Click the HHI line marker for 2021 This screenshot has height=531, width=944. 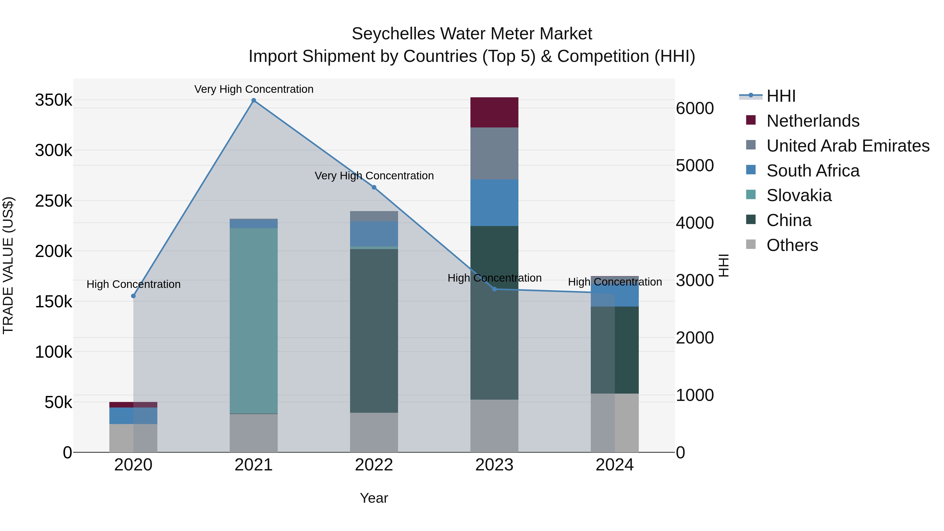[x=254, y=100]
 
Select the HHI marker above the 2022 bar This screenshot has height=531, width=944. [x=374, y=187]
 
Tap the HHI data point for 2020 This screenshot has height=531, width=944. [x=133, y=296]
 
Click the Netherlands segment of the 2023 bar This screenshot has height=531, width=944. [x=494, y=112]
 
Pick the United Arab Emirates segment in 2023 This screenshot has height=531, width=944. [x=494, y=153]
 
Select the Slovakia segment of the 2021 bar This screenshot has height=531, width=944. [x=254, y=321]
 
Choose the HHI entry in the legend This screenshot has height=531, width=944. [x=781, y=96]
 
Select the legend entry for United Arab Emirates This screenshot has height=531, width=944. [x=847, y=146]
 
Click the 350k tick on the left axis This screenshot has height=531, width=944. [x=53, y=100]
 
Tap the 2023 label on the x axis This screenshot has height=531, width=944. [x=494, y=465]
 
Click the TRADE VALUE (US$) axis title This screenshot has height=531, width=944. [x=8, y=265]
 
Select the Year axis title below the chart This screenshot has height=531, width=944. [x=374, y=498]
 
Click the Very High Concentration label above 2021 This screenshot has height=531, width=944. [x=254, y=89]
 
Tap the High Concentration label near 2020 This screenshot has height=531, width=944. [x=133, y=284]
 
